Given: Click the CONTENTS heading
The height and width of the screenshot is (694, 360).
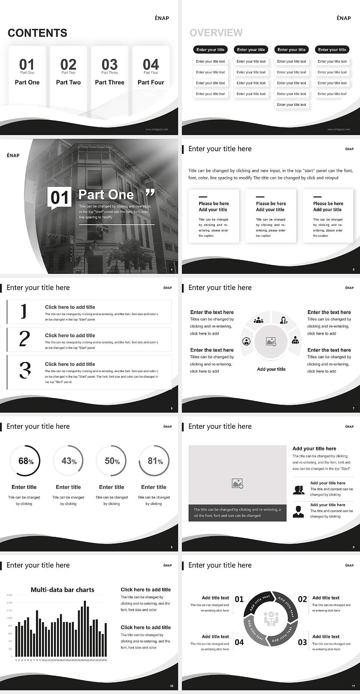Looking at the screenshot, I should tap(37, 33).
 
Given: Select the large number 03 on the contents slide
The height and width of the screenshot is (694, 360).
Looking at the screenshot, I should tap(109, 65).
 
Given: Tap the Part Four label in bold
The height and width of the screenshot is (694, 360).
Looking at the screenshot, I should tap(151, 82).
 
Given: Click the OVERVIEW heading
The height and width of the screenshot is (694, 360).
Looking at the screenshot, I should tap(216, 33).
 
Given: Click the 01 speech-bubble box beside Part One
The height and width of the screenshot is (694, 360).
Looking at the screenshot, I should tap(60, 198).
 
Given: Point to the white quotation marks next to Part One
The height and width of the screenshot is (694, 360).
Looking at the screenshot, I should tap(150, 193).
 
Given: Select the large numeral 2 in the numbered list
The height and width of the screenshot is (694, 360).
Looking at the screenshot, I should tap(24, 339).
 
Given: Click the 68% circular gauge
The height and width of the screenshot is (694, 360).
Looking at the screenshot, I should tap(24, 461).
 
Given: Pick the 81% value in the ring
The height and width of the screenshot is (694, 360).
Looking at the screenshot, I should tap(154, 461).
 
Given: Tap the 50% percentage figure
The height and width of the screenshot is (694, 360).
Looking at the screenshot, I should tap(112, 461).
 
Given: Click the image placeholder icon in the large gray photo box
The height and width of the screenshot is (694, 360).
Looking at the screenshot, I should tap(237, 484).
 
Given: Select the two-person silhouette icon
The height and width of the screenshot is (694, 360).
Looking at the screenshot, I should tap(298, 490).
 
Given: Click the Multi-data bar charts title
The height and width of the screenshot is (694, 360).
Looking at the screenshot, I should tap(62, 590).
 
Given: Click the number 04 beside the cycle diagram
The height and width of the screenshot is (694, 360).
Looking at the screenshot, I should tap(239, 642).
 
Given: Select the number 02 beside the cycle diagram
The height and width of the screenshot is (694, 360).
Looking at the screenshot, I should tap(302, 599).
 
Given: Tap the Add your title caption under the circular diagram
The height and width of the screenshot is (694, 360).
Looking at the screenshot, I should tap(271, 369).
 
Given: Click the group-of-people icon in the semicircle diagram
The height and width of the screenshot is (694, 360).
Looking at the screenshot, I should tap(258, 320).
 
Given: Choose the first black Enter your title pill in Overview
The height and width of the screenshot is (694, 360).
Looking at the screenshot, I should tap(210, 50).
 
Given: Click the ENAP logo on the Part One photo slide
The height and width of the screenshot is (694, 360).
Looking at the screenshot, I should tap(13, 155).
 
